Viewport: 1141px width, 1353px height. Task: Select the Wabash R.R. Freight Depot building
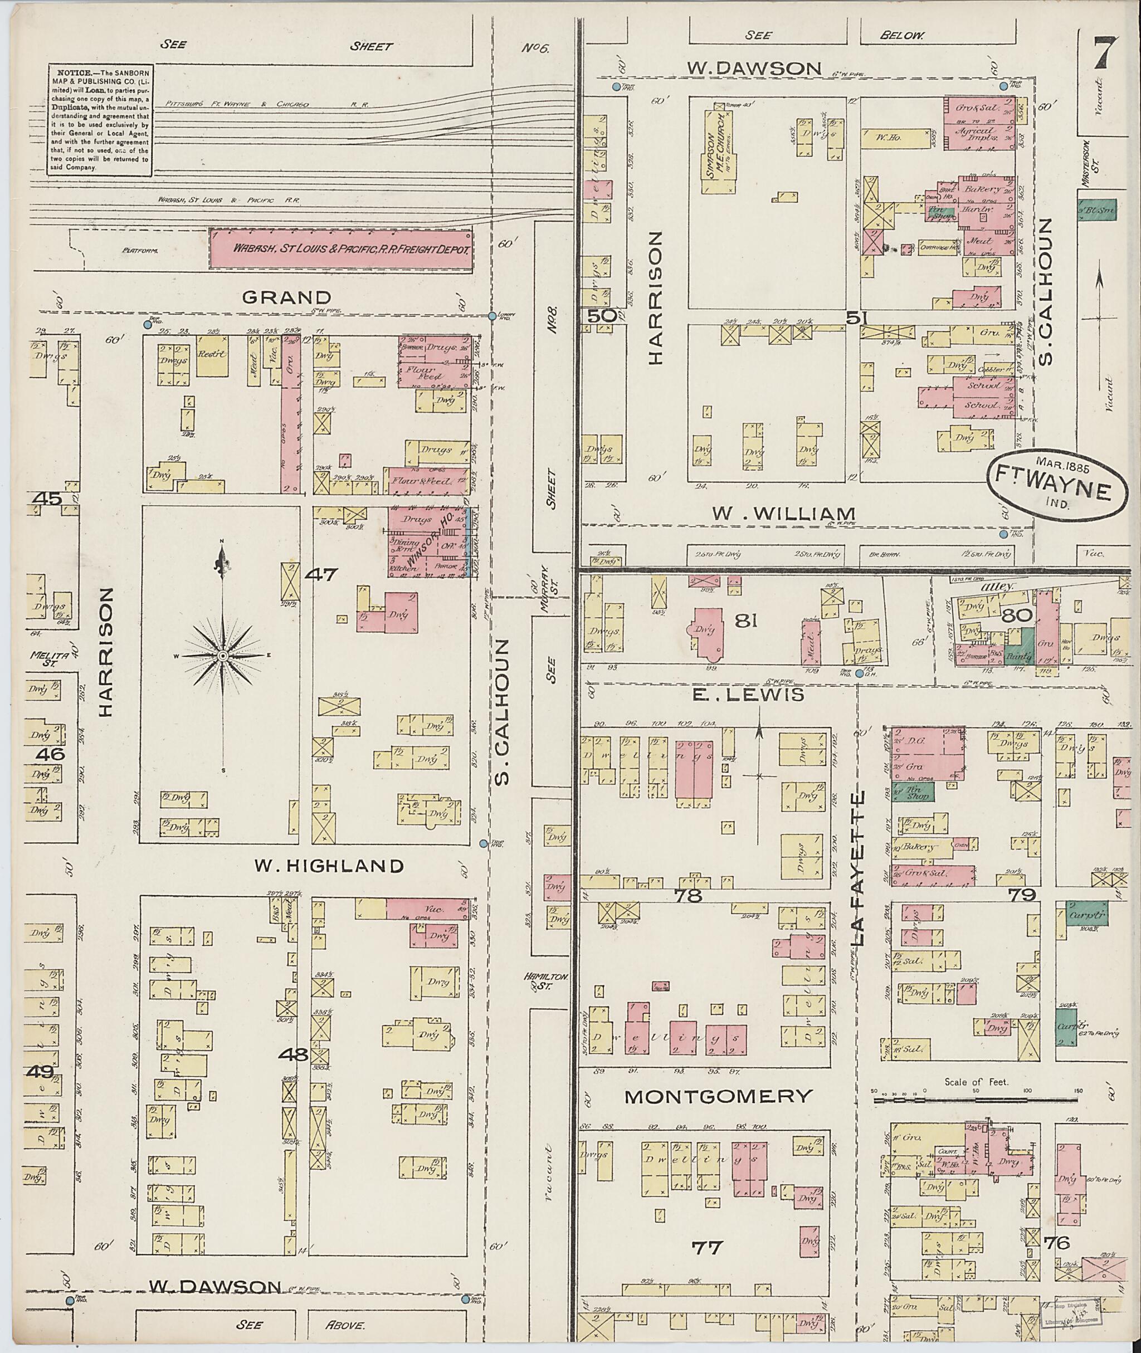(341, 248)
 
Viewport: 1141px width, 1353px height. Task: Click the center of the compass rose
(222, 656)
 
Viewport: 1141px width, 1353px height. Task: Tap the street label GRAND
(286, 297)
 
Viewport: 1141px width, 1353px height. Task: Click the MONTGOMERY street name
(718, 1096)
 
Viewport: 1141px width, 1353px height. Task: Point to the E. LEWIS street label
(748, 695)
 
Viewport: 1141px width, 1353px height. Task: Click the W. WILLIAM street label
(775, 514)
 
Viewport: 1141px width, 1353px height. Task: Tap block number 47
(321, 574)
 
